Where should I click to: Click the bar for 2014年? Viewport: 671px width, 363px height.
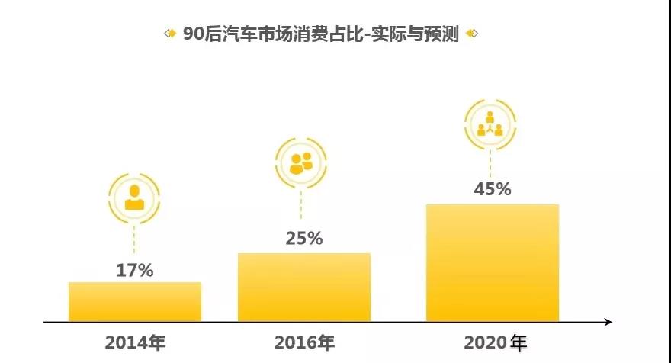coord(135,302)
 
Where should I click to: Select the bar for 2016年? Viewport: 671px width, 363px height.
coord(304,287)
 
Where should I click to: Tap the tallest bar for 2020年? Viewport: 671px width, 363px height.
coord(493,262)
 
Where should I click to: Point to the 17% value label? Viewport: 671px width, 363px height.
coord(135,270)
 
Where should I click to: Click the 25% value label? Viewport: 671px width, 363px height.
coord(304,238)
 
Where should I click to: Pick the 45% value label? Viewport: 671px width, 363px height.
coord(493,189)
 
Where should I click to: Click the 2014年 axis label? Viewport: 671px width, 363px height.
coord(135,342)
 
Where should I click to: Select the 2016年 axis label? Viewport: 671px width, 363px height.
coord(304,342)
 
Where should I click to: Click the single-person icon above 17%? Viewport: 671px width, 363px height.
coord(134,198)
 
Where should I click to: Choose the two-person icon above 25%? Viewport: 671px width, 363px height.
coord(301,162)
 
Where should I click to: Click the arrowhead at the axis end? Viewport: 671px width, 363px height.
coord(608,323)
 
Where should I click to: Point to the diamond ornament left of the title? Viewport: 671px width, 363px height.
coord(170,34)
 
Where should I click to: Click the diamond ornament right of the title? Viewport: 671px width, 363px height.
coord(471,34)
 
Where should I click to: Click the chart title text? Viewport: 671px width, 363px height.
coord(321,34)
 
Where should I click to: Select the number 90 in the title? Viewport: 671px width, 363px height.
coord(191,34)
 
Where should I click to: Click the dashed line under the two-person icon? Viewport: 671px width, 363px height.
coord(301,206)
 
